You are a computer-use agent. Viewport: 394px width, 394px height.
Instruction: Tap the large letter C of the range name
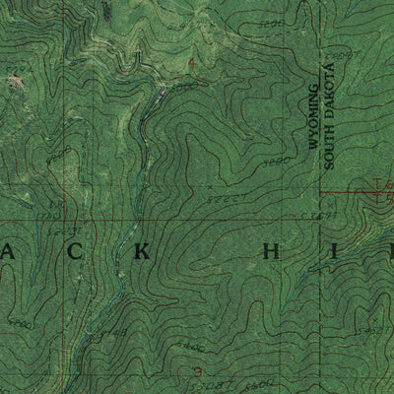(x=78, y=250)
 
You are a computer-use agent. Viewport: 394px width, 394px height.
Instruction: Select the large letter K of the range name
(x=141, y=250)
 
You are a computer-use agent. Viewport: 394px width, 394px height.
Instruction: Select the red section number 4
(x=191, y=63)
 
